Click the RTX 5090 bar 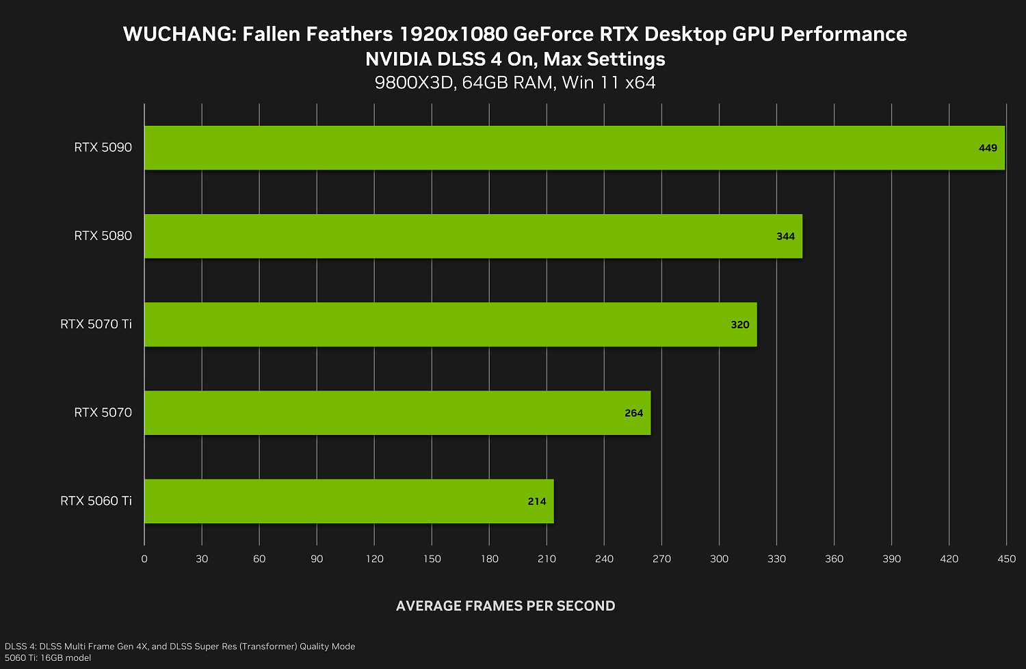coord(575,148)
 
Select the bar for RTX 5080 coord(473,236)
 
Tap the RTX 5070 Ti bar coord(450,324)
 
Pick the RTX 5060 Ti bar coord(349,501)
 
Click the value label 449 coord(988,148)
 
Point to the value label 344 coord(785,237)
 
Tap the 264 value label coord(633,413)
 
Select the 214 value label coord(537,501)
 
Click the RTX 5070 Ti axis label coord(96,324)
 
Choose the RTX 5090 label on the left coord(103,148)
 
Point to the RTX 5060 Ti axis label coord(96,501)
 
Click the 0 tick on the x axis coord(144,559)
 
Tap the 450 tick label coord(1006,559)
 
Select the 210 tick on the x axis coord(547,559)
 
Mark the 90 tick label coord(317,559)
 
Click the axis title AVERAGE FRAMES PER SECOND coord(505,606)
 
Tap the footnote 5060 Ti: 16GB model coord(48,658)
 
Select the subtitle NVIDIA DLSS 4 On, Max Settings coord(515,59)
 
